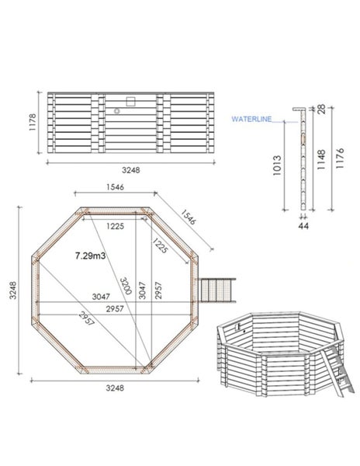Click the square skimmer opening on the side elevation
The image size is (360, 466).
coord(130,100)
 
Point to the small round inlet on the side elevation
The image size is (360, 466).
coord(116,111)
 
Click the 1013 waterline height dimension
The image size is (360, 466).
coord(278,171)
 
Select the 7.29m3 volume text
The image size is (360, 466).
coord(92,255)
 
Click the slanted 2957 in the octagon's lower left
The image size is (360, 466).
coord(78,320)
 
